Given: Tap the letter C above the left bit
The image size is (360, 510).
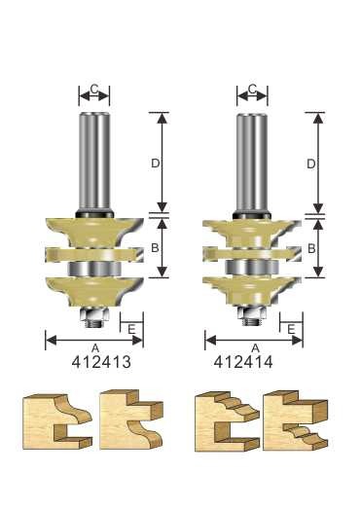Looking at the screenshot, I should [x=94, y=90].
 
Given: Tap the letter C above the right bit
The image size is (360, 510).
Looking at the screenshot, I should [x=253, y=90].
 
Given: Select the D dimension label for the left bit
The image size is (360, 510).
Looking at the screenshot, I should [x=155, y=164].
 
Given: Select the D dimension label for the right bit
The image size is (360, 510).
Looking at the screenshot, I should [x=311, y=164].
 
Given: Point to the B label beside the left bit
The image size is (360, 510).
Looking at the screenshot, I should [x=155, y=247].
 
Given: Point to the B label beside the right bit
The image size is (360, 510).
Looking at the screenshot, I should [x=311, y=249].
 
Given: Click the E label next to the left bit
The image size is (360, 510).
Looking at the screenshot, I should [x=130, y=330].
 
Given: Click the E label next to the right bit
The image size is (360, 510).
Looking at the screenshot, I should [x=290, y=330].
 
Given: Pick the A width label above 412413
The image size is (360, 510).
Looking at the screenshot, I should [x=93, y=346].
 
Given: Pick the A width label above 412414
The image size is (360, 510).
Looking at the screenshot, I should [x=254, y=346].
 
